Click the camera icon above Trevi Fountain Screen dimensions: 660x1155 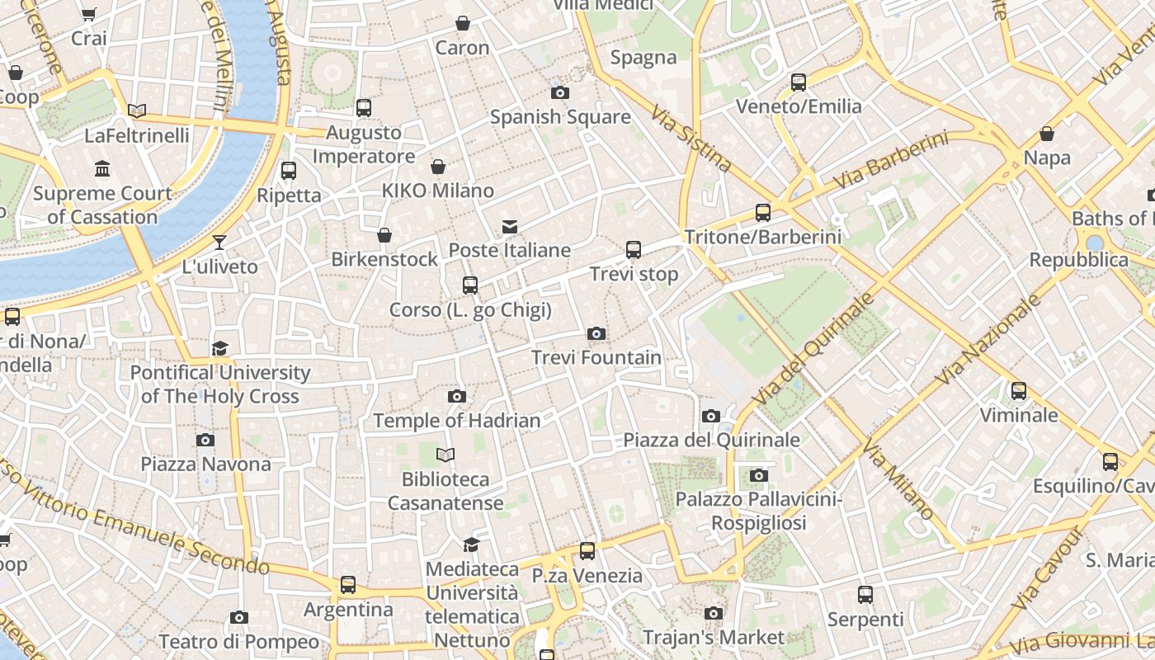596,334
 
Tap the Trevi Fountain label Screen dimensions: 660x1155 596,357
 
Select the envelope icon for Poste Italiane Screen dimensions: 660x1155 510,227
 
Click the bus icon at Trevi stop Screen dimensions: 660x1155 634,249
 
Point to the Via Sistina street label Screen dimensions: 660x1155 691,139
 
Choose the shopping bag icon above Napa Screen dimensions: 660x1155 1047,134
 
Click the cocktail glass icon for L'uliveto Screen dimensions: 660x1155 219,243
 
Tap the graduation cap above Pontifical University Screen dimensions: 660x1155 219,349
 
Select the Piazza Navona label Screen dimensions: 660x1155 205,464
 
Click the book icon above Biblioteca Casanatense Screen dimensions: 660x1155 445,455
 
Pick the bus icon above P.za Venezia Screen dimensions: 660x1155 587,551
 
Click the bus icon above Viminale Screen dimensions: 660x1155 1019,391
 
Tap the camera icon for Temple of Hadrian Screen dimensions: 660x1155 457,397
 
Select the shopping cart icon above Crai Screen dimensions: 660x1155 89,14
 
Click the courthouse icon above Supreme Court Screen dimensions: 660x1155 103,169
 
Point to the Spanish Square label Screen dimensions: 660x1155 560,117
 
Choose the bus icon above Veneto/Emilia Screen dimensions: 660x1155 799,82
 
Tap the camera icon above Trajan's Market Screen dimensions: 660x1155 714,613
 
